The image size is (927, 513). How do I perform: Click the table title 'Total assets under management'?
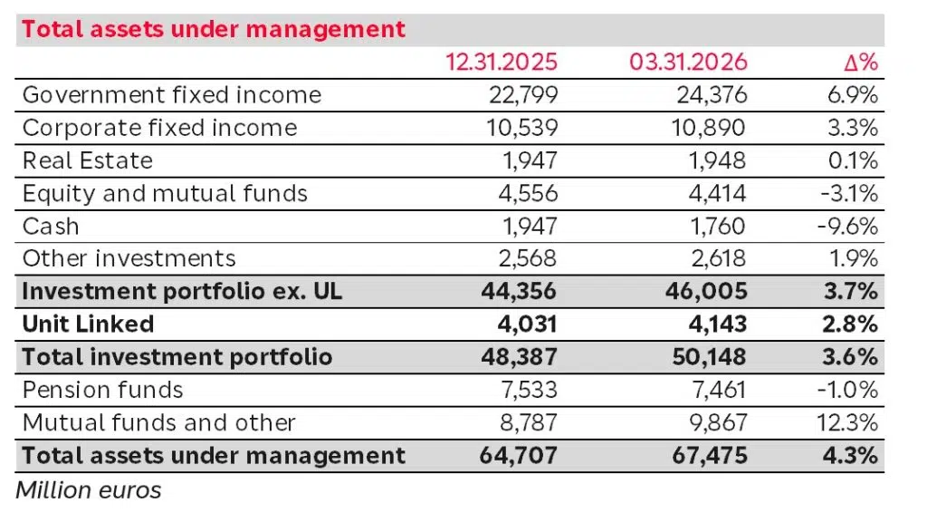coord(214,29)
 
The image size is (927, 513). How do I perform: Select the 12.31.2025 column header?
coord(502,63)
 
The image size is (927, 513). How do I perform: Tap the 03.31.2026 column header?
coord(689,63)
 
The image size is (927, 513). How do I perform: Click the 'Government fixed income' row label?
coord(171,95)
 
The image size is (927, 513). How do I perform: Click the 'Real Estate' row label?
coord(87,160)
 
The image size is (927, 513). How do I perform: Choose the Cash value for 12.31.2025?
coord(531,226)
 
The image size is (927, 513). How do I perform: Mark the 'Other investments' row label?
coord(129,258)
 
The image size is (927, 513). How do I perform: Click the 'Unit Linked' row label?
coord(88,324)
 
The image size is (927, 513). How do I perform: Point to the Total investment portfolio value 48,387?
coord(520,357)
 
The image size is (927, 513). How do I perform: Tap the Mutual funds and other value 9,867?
coord(716,422)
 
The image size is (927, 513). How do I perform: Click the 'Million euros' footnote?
coord(89,490)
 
